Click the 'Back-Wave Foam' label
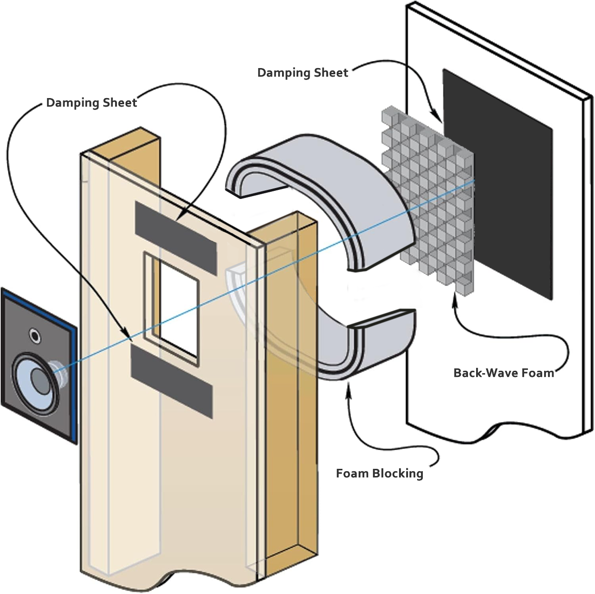[504, 373]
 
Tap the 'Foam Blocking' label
[379, 474]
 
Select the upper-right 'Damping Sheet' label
[302, 73]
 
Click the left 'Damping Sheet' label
[91, 103]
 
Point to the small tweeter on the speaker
[35, 336]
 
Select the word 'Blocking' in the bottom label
[398, 474]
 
